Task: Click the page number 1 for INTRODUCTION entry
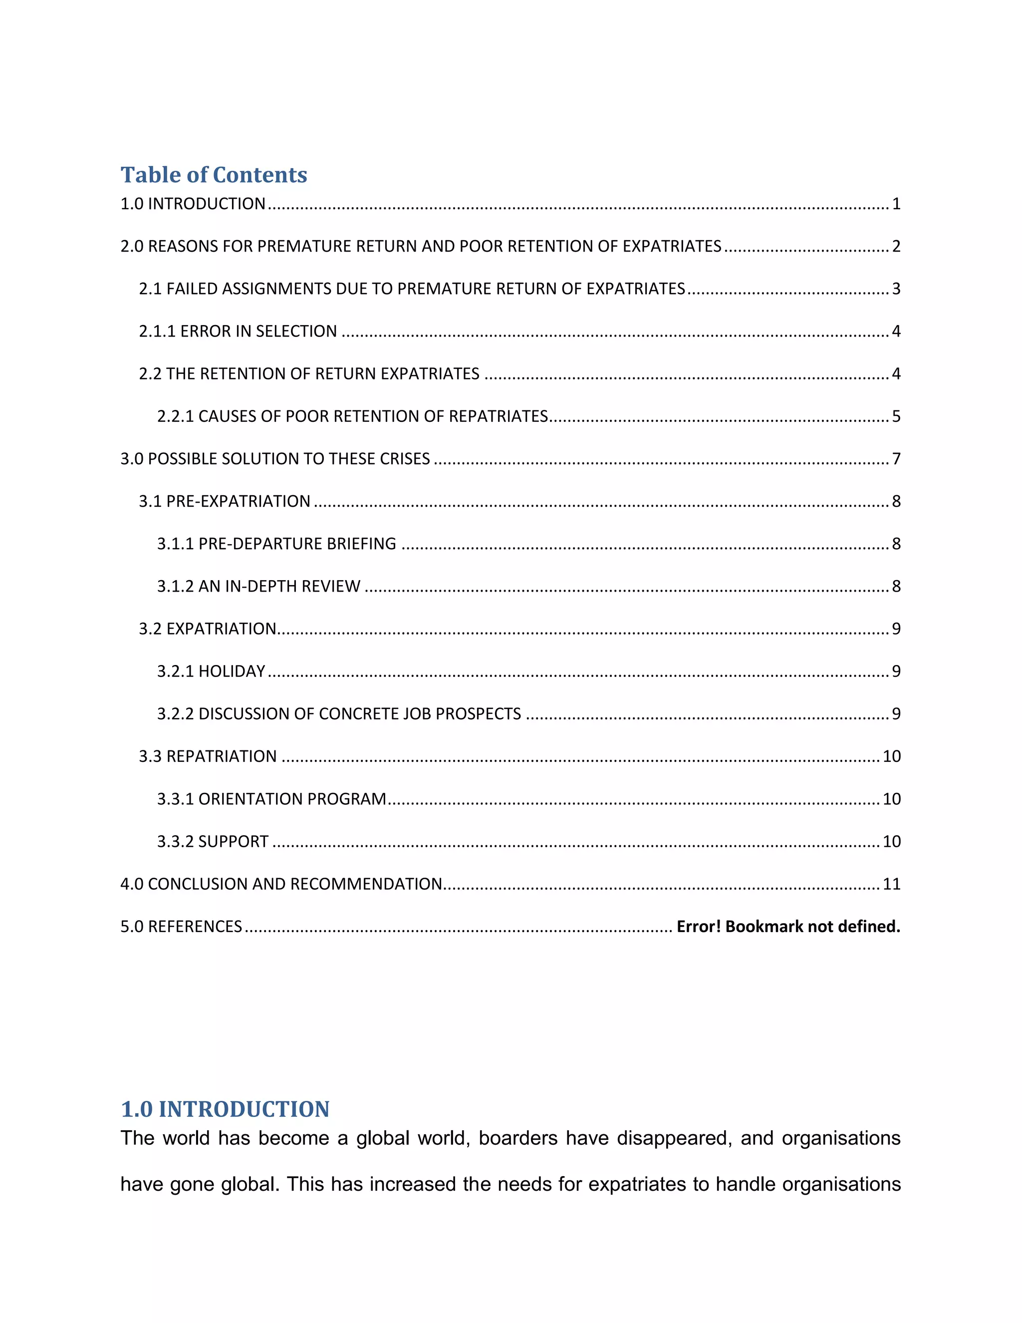point(896,204)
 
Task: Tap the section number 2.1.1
point(157,331)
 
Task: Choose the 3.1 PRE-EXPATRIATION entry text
point(225,502)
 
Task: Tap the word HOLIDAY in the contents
point(232,671)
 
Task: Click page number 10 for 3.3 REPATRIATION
point(891,756)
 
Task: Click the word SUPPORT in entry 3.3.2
point(233,841)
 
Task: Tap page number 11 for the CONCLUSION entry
point(891,885)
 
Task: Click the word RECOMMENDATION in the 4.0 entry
point(367,885)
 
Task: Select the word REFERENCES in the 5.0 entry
point(195,927)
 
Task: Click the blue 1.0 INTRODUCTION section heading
point(225,1109)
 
